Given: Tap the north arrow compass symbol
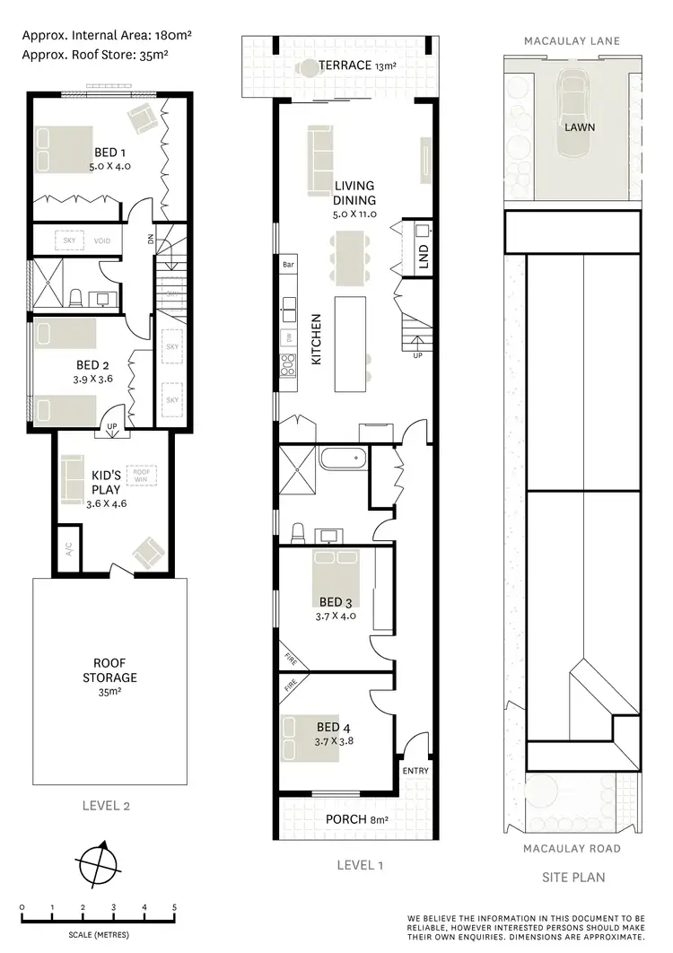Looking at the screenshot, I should (97, 865).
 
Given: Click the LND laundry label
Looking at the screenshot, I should (424, 255).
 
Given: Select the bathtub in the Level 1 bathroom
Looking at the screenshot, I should (344, 460).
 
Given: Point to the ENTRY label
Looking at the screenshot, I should (416, 771).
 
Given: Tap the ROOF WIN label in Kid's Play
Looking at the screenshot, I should (141, 475).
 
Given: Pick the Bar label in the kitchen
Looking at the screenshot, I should (289, 266).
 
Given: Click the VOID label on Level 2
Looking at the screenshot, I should (101, 240).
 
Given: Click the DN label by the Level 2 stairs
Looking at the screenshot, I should (150, 240).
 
